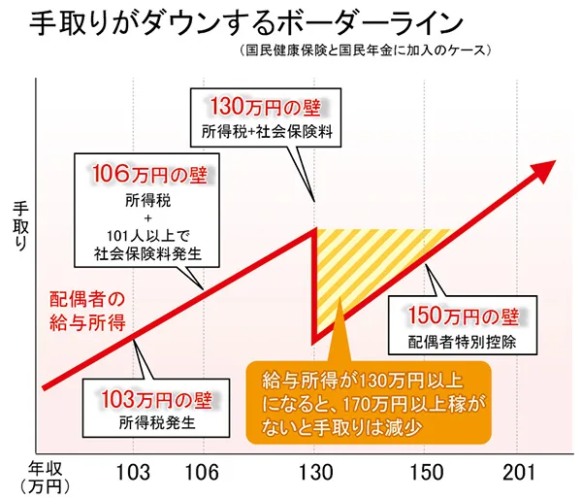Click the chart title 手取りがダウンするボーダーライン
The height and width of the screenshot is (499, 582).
pyautogui.click(x=234, y=23)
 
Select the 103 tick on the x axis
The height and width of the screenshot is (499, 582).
pyautogui.click(x=134, y=474)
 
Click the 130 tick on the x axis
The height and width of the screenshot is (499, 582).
pyautogui.click(x=314, y=474)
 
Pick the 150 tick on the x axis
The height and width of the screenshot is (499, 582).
pyautogui.click(x=426, y=474)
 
